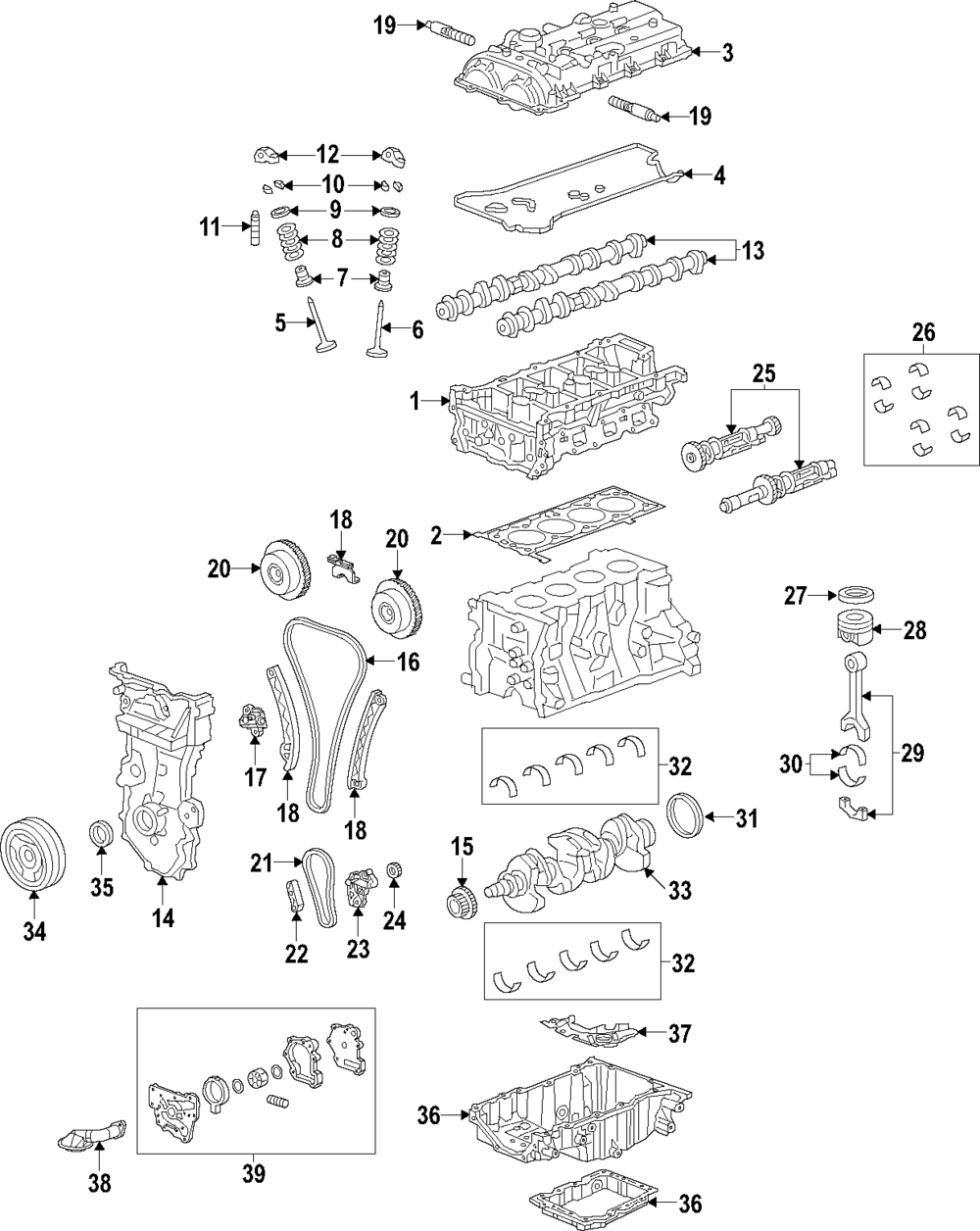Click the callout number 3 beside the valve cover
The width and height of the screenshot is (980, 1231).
727,53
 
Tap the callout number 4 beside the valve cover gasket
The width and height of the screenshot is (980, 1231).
719,176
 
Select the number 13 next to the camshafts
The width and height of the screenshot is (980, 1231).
752,252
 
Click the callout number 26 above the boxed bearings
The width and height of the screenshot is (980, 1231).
923,332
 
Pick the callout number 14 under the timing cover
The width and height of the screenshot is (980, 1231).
163,917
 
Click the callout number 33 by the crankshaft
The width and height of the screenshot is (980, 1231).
679,890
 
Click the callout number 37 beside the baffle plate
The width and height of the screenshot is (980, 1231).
680,1033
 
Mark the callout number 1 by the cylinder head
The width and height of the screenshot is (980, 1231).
415,400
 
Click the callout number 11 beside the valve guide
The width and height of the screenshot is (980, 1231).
210,228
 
